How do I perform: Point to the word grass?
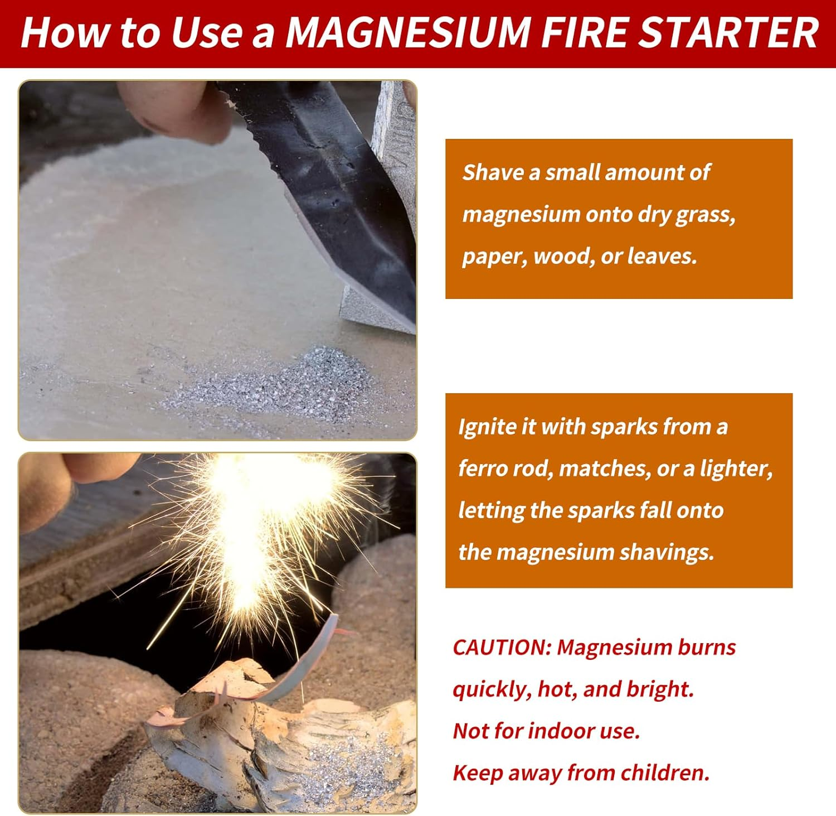point(705,215)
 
